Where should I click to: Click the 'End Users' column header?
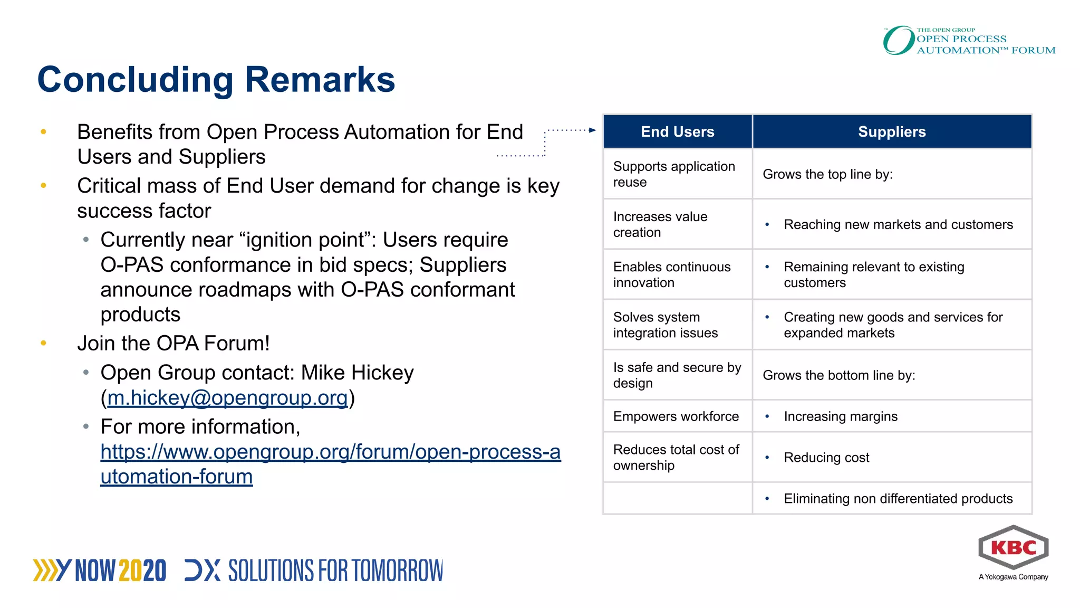677,132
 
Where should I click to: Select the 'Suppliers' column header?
891,132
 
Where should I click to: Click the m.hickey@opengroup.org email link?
228,398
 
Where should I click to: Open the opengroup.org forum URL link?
330,452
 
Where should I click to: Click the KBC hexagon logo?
1013,548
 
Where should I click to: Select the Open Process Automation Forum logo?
969,41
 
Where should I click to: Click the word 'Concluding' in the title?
136,80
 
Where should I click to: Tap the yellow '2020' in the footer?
142,571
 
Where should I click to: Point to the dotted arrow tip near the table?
593,130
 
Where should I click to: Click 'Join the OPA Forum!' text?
173,344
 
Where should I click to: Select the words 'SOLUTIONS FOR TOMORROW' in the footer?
335,571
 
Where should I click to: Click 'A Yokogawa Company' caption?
1013,577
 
